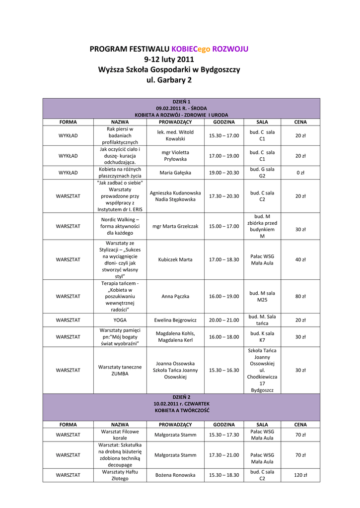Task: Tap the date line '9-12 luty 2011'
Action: [169, 60]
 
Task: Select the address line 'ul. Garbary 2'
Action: [169, 80]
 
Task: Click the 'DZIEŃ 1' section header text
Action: [181, 101]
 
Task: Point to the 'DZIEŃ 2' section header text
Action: [181, 398]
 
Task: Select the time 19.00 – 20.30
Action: [223, 173]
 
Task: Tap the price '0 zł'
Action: [300, 173]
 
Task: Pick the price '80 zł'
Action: [300, 296]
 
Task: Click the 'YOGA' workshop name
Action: [120, 320]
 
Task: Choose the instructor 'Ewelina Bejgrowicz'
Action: [175, 320]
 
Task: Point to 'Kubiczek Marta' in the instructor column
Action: [175, 259]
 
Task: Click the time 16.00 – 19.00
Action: [223, 296]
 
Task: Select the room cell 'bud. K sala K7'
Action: [262, 337]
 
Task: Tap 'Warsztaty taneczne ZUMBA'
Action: [120, 370]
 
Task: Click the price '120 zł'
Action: [300, 475]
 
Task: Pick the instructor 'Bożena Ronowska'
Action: [175, 475]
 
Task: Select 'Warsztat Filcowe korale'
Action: [120, 435]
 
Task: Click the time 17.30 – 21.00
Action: [223, 455]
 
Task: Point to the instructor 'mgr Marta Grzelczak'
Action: [175, 226]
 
